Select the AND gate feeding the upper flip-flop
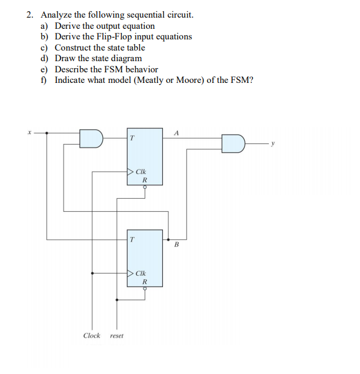[x=92, y=138]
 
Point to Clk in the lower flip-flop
[x=141, y=273]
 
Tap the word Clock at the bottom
[x=92, y=336]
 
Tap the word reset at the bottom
[x=117, y=336]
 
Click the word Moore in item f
[x=180, y=80]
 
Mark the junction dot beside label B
[x=169, y=239]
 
